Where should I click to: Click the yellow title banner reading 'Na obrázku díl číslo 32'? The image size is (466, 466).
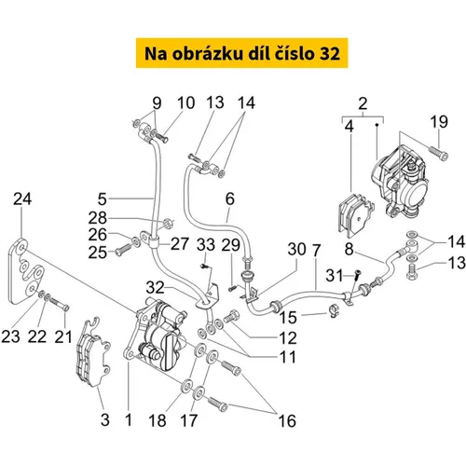pos(241,53)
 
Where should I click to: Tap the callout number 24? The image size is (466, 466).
pos(22,199)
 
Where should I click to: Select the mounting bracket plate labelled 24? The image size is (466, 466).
pos(26,271)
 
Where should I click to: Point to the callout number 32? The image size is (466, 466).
pos(155,288)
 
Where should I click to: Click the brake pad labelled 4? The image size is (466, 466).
pos(355,215)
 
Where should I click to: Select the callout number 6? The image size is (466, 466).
pos(230,199)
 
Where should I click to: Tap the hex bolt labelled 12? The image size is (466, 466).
pos(231,317)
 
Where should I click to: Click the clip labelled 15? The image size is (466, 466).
pos(334,309)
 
